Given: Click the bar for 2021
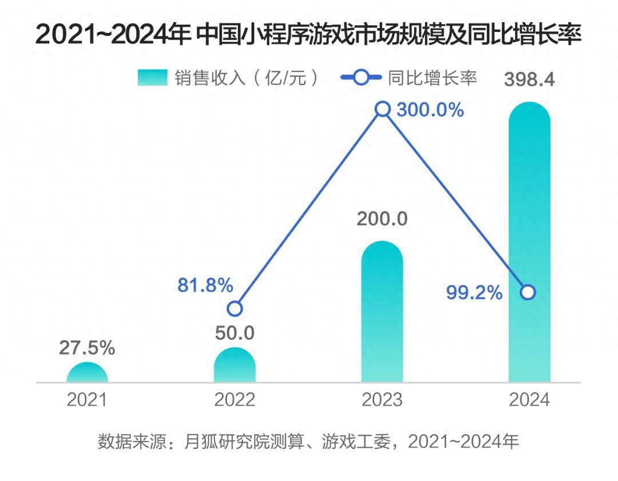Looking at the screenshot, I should pos(87,372).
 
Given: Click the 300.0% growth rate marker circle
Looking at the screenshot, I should pos(383,109).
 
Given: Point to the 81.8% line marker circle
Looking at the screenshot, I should pos(235,309).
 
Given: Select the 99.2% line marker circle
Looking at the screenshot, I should pos(529,293).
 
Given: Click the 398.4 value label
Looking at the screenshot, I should pos(529,80).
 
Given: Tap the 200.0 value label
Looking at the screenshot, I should pos(382,218).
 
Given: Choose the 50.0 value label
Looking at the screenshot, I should pos(235,332).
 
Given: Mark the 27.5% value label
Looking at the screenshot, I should pos(87,348).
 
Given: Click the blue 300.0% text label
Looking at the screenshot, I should pos(430,110).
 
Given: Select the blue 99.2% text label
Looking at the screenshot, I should pos(474,293).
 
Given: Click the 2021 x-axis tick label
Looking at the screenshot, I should pos(87,400).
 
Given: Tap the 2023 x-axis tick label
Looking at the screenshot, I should pos(382,400).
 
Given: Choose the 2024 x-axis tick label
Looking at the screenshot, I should pos(529,400).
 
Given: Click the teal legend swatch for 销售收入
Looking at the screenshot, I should pos(152,78).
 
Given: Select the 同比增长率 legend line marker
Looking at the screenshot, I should pos(361,78).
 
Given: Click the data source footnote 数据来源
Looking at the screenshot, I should pos(308,442).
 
